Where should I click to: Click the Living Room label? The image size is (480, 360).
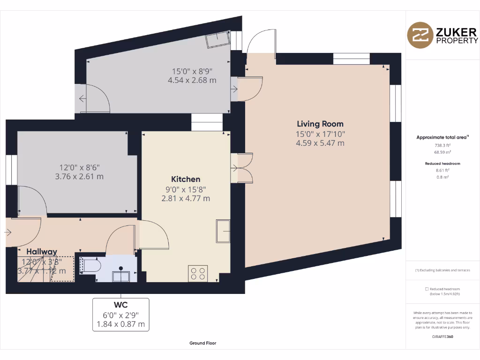(320, 124)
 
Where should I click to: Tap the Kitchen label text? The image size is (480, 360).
(186, 179)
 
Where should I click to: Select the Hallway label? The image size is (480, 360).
(42, 252)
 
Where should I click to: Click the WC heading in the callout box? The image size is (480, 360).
(121, 305)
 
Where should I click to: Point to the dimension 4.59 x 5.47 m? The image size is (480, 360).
(320, 143)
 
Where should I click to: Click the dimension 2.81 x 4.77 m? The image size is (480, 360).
(186, 198)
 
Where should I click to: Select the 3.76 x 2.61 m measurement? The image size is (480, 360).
(80, 177)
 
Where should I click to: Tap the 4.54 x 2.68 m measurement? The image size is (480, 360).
(192, 80)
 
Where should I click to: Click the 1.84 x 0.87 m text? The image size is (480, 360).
(121, 324)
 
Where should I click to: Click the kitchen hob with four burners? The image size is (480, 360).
(198, 273)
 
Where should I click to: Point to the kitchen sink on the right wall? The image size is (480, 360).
(223, 231)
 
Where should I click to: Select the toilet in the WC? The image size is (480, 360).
(90, 266)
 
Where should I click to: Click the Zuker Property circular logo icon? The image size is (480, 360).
(420, 35)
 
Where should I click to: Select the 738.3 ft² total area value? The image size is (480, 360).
(442, 145)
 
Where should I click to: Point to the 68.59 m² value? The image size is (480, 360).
(442, 152)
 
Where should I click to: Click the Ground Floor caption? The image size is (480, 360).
(202, 343)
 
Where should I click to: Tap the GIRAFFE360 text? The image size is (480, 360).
(442, 337)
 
